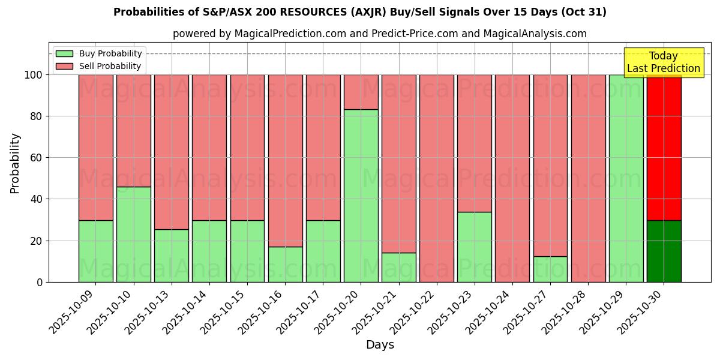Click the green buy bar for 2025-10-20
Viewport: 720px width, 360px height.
361,196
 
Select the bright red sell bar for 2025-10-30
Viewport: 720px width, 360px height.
664,148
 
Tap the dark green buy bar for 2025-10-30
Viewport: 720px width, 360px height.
664,251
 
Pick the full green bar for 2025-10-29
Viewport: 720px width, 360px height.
626,178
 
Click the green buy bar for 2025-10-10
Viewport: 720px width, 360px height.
134,234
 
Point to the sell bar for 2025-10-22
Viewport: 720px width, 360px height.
437,178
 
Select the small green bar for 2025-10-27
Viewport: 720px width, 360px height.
550,269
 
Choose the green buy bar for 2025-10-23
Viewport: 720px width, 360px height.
475,247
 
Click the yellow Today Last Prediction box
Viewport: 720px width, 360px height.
664,62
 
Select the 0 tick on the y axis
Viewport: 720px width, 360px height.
40,282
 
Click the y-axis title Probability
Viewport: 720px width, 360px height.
15,163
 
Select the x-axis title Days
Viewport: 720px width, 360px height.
380,345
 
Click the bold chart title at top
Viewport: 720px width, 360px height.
360,12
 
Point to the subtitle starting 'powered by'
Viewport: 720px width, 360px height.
380,34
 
